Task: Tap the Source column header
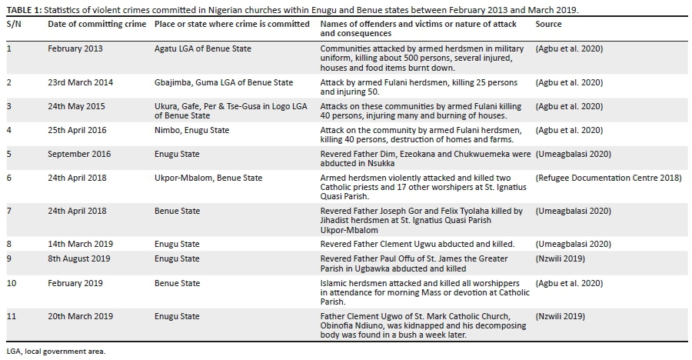[x=548, y=24]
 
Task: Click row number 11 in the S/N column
[x=11, y=316]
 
